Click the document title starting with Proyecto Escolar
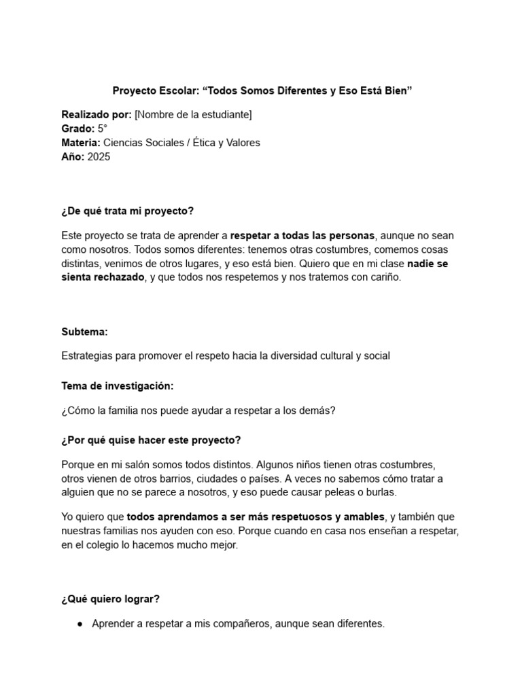(x=262, y=90)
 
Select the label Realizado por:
(x=97, y=114)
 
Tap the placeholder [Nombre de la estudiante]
(x=193, y=114)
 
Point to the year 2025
(x=99, y=157)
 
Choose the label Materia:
(x=81, y=143)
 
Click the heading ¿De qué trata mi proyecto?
(x=127, y=211)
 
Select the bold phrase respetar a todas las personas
(x=302, y=236)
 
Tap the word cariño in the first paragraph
(x=385, y=277)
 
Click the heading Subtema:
(x=84, y=332)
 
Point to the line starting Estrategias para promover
(x=225, y=355)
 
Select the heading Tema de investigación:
(x=118, y=386)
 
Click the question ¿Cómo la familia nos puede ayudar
(x=198, y=411)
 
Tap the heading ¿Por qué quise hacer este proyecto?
(x=151, y=440)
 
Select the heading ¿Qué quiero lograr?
(x=110, y=599)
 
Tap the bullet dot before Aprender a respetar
(x=81, y=624)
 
